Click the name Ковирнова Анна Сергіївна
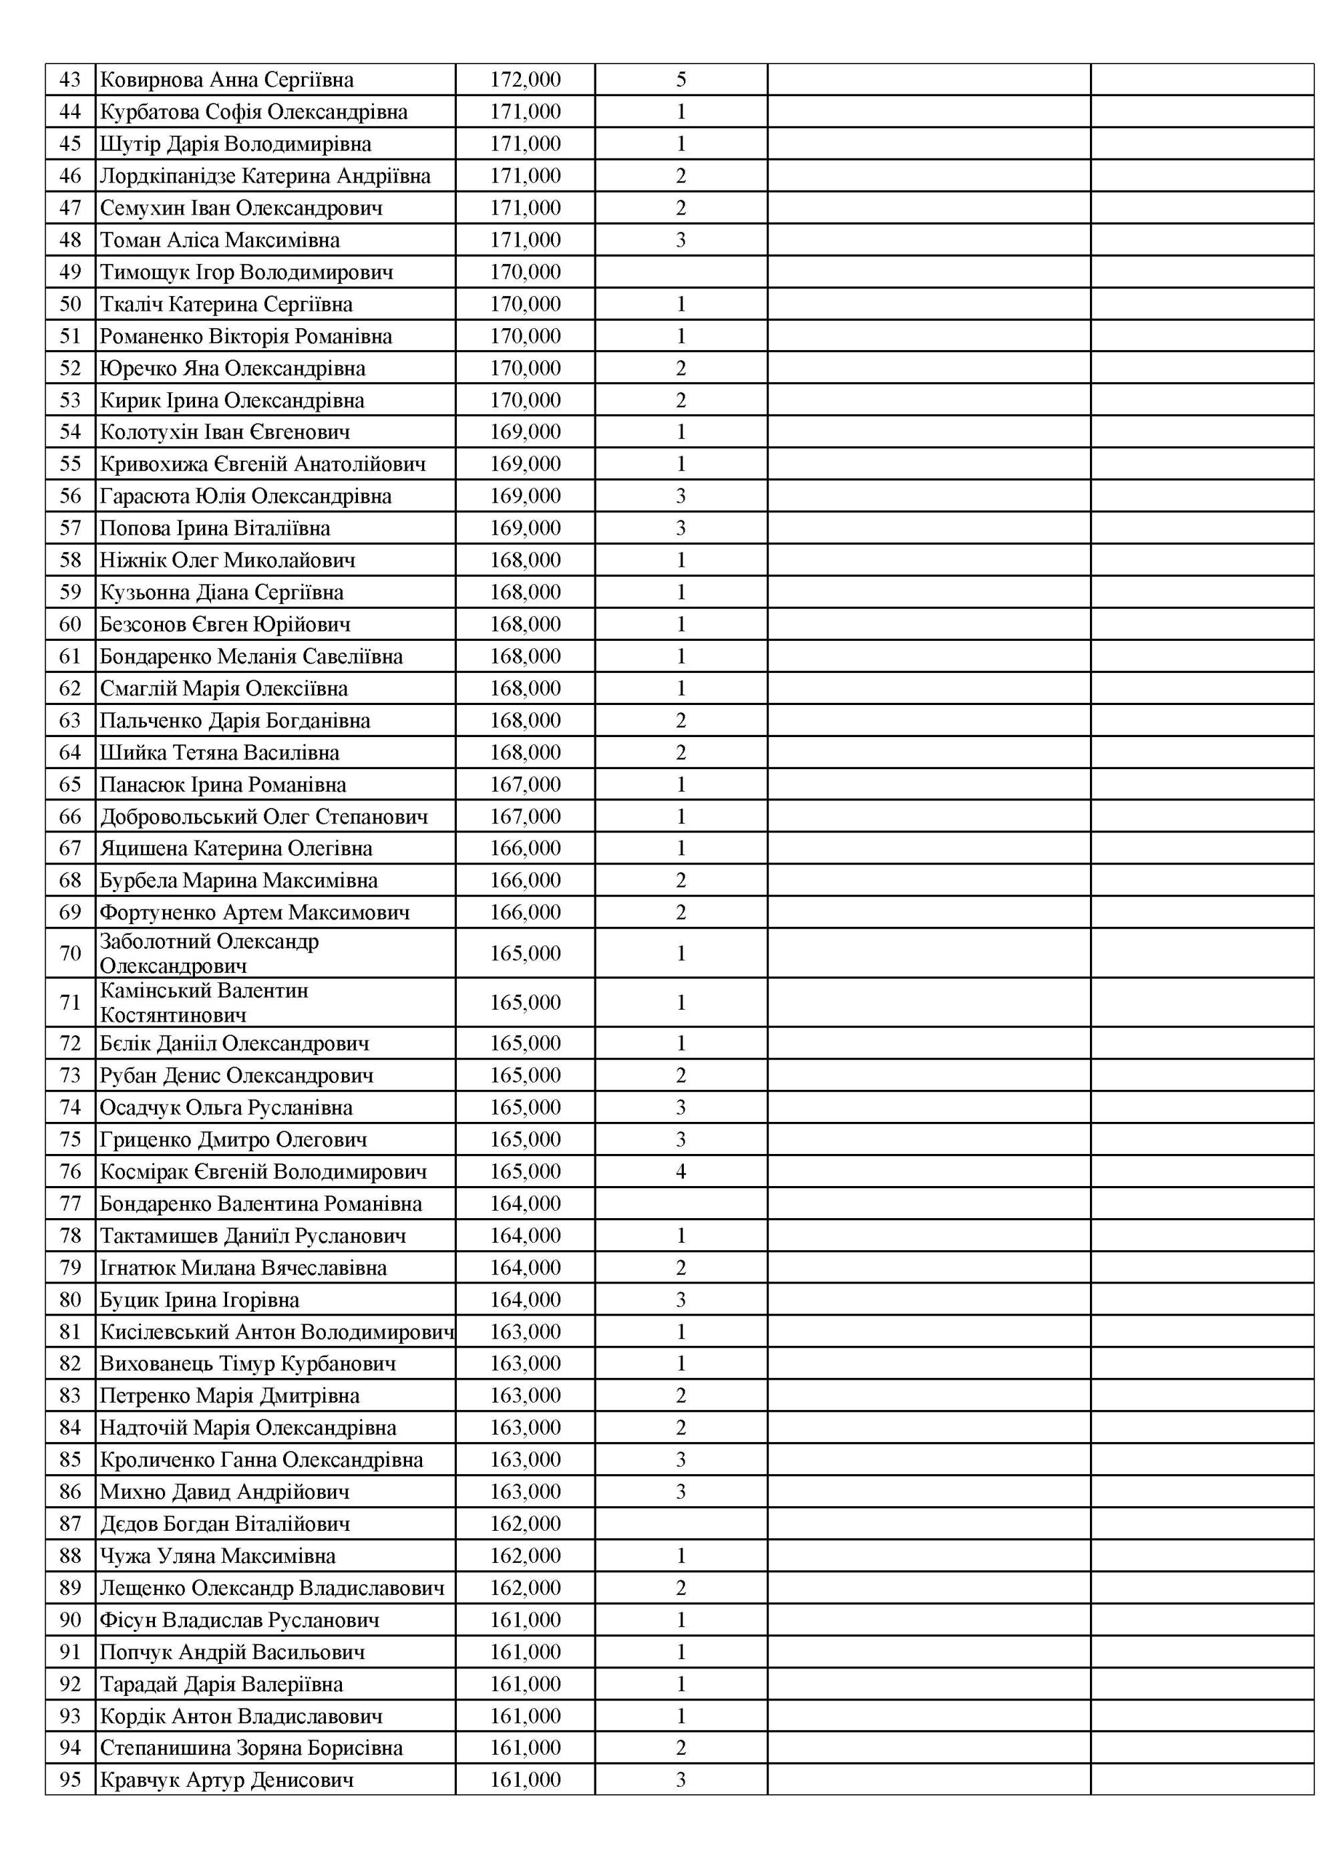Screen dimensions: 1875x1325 226,80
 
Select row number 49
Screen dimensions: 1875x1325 70,272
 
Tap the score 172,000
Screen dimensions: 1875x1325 525,80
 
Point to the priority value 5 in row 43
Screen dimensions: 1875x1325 681,80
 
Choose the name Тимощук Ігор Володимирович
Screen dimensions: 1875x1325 246,272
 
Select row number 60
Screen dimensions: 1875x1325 70,625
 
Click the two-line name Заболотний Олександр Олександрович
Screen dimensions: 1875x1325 209,953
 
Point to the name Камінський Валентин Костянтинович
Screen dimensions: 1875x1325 204,1003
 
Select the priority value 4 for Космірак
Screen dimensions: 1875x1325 681,1172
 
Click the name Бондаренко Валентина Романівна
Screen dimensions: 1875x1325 260,1203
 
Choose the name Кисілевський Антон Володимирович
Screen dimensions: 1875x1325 276,1332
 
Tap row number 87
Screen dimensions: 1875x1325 70,1524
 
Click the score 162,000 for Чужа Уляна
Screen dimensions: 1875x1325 525,1556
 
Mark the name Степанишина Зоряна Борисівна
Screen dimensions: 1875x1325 250,1747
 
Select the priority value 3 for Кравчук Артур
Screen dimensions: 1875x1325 681,1779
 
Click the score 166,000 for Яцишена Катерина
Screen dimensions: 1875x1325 525,849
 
